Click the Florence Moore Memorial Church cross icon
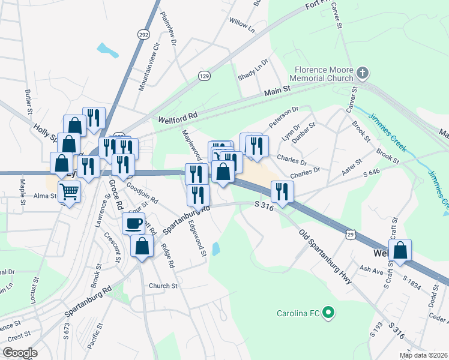(362, 73)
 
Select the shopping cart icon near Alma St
(70, 193)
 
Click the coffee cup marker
(133, 224)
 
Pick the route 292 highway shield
(143, 34)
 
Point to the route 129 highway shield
(205, 76)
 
